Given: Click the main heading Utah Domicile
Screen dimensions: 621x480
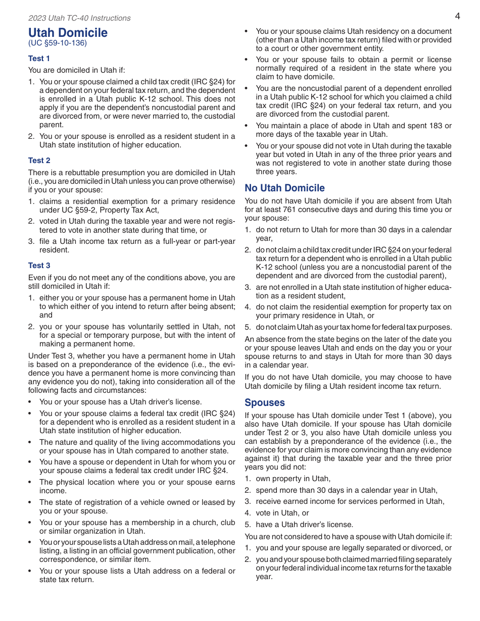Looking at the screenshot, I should pos(68,33).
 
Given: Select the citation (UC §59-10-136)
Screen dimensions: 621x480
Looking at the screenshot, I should pos(58,43).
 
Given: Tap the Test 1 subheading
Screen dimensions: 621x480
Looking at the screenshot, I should pos(39,59).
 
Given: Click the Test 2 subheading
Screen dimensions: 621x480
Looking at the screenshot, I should pos(39,161).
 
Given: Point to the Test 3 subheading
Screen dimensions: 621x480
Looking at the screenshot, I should pos(39,266).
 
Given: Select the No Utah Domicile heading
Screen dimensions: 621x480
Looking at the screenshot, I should pos(284,188).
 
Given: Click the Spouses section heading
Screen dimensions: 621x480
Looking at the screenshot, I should pos(265,403).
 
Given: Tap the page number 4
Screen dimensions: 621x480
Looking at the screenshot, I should pos(457,16).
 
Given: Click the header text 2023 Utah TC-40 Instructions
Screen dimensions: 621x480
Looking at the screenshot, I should pos(79,18).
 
